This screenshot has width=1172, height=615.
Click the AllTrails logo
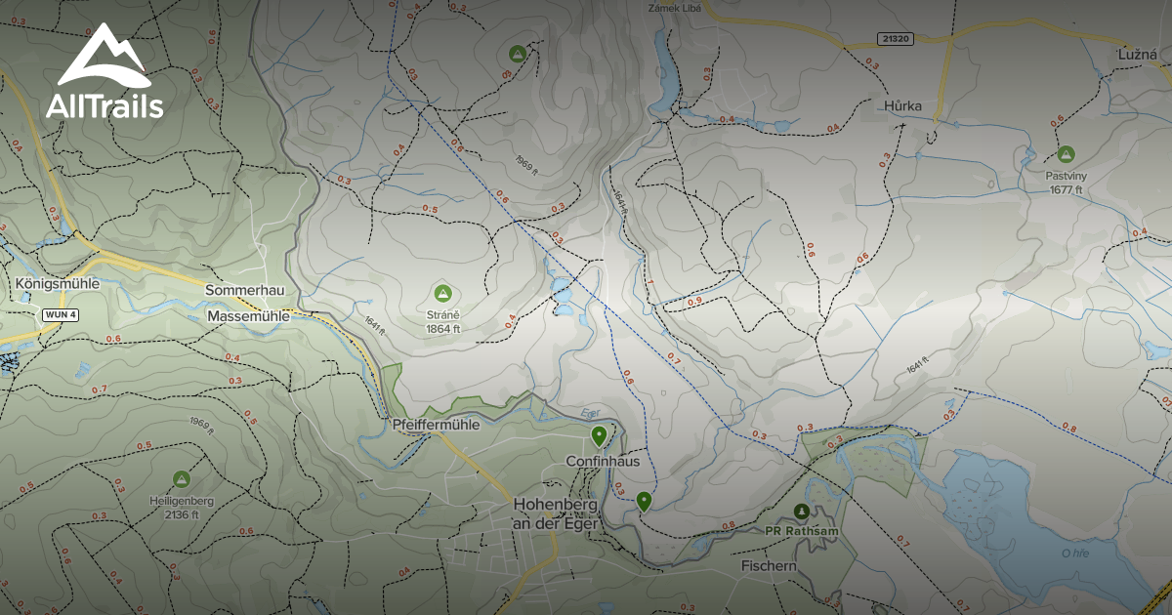click(104, 73)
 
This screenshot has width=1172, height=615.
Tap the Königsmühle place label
click(58, 284)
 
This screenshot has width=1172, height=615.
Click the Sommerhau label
click(244, 291)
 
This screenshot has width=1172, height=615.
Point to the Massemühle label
click(248, 316)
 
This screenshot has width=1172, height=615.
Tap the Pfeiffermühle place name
click(435, 425)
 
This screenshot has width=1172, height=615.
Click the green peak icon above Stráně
click(442, 292)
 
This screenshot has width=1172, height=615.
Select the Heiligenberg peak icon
click(181, 478)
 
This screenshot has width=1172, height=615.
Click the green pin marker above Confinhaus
click(599, 435)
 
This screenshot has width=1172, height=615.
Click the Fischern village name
click(769, 565)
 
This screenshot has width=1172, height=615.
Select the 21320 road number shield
click(895, 39)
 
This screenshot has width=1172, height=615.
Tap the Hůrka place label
click(902, 105)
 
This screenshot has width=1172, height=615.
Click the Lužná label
click(1138, 56)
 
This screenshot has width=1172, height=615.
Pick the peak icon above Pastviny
click(1066, 154)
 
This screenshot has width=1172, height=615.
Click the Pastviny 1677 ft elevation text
click(1066, 189)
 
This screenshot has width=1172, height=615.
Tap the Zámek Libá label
click(676, 8)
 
